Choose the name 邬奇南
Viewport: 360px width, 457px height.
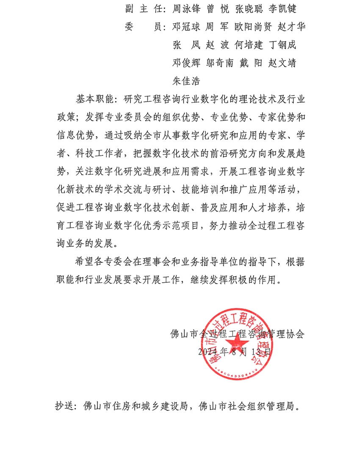[220, 63]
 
